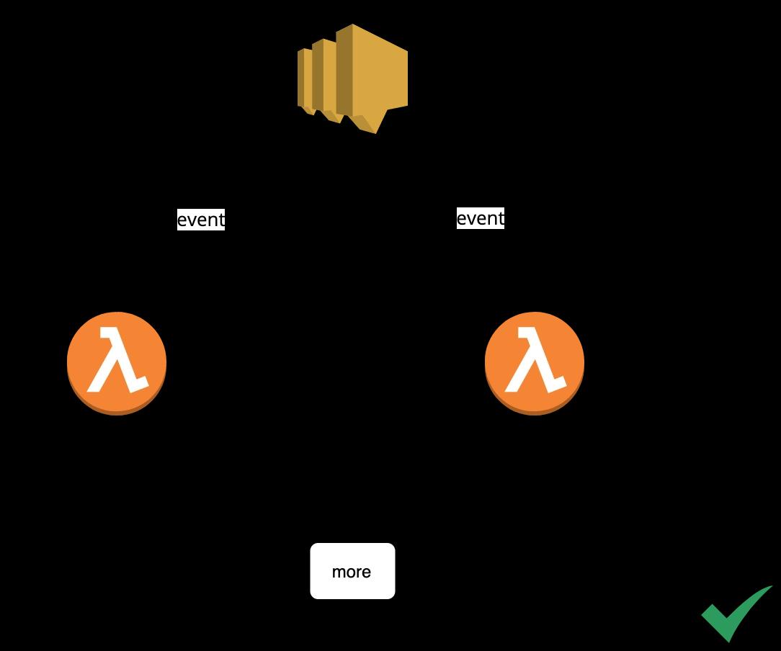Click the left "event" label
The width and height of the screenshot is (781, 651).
point(201,220)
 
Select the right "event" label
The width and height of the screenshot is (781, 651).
point(481,218)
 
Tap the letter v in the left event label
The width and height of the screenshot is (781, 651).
point(191,220)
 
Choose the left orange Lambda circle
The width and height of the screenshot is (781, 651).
point(117,363)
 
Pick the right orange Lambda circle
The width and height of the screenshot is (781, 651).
point(535,363)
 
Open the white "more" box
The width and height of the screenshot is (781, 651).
point(352,571)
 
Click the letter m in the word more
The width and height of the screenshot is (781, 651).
point(339,573)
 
